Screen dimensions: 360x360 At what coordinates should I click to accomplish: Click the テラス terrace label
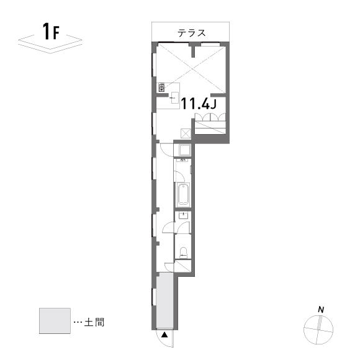(191, 33)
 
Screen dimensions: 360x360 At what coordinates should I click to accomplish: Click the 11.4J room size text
(199, 104)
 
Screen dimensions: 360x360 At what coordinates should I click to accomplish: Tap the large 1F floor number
(51, 31)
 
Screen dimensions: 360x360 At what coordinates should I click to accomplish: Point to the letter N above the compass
(321, 310)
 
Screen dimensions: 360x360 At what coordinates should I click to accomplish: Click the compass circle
(318, 315)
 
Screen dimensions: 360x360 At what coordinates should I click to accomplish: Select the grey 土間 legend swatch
(55, 321)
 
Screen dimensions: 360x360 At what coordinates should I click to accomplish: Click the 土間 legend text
(94, 322)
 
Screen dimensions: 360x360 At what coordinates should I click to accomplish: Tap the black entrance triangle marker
(164, 335)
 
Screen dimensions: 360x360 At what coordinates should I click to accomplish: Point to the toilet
(183, 253)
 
